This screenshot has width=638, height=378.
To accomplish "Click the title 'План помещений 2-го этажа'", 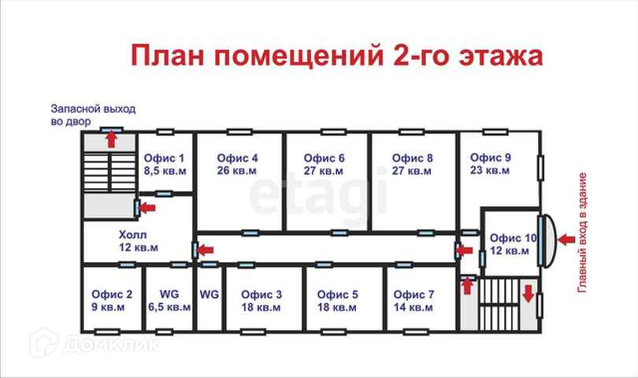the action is (x=336, y=57).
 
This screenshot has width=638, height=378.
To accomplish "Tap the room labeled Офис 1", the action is (x=165, y=163).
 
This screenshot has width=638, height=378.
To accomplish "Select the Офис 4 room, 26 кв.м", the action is (x=238, y=164).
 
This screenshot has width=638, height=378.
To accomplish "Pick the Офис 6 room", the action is (x=325, y=164).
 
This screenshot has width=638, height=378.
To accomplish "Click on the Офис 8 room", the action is (x=412, y=164).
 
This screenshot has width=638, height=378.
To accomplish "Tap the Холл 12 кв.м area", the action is (x=138, y=241).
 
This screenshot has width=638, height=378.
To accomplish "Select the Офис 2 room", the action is (x=112, y=300).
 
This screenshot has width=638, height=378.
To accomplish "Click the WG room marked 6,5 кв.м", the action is (x=169, y=300).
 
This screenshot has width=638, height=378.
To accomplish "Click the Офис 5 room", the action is (x=338, y=300).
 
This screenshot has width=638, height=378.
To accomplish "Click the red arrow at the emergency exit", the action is (x=111, y=140).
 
